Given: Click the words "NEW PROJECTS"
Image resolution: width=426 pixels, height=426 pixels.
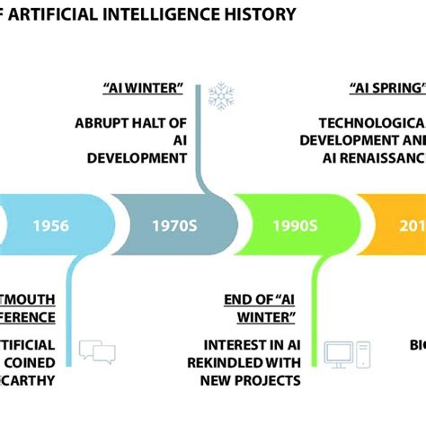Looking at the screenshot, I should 254,380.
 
